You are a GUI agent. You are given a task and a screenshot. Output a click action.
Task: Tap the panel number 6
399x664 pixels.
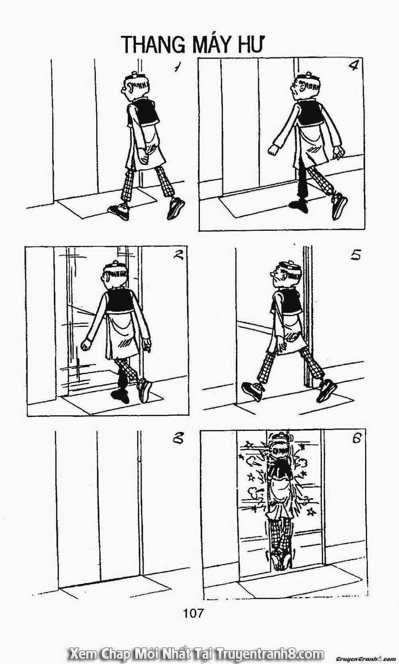(356, 438)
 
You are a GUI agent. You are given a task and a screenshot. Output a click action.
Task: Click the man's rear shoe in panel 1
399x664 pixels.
(176, 209)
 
